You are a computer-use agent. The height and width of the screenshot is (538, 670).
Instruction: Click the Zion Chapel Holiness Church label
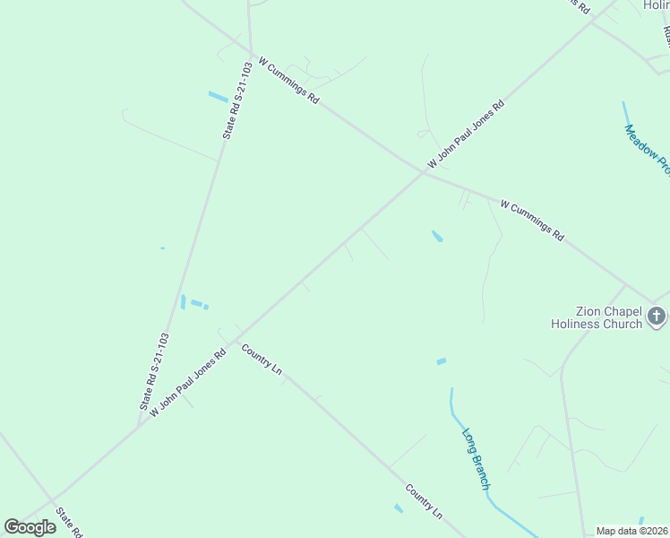coord(597,317)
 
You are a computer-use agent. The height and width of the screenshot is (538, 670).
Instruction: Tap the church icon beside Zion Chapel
coord(657,316)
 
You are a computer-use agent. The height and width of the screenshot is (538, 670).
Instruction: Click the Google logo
coord(30,527)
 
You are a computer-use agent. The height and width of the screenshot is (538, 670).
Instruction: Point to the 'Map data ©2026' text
coord(632,531)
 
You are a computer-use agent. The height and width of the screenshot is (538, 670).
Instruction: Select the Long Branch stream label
coord(476,459)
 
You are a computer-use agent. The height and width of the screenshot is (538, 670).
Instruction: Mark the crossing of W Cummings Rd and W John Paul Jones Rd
coord(423,173)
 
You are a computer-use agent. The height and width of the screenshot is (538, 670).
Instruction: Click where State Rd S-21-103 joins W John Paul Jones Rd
coord(138,426)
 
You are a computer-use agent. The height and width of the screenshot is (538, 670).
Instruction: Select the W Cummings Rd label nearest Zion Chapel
coord(532,221)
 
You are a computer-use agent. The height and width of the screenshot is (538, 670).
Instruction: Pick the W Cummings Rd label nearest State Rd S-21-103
coord(288,81)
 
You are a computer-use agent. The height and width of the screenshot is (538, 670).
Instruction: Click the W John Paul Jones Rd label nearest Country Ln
coord(187,382)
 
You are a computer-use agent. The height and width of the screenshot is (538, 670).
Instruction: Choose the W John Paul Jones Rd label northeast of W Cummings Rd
coord(466,134)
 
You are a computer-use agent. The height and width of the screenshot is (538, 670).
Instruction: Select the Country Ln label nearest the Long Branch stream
coord(424,502)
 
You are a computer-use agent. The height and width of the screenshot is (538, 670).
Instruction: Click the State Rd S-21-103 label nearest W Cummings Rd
coord(237,100)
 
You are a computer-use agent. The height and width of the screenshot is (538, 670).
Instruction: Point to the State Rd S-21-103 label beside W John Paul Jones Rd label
coord(153,372)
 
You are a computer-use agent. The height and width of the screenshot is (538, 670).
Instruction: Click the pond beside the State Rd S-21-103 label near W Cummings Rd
coord(218,96)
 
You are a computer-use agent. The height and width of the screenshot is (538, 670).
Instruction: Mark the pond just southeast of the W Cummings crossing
coord(437,237)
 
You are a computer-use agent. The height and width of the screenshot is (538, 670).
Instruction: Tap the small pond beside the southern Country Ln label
coord(399,508)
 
